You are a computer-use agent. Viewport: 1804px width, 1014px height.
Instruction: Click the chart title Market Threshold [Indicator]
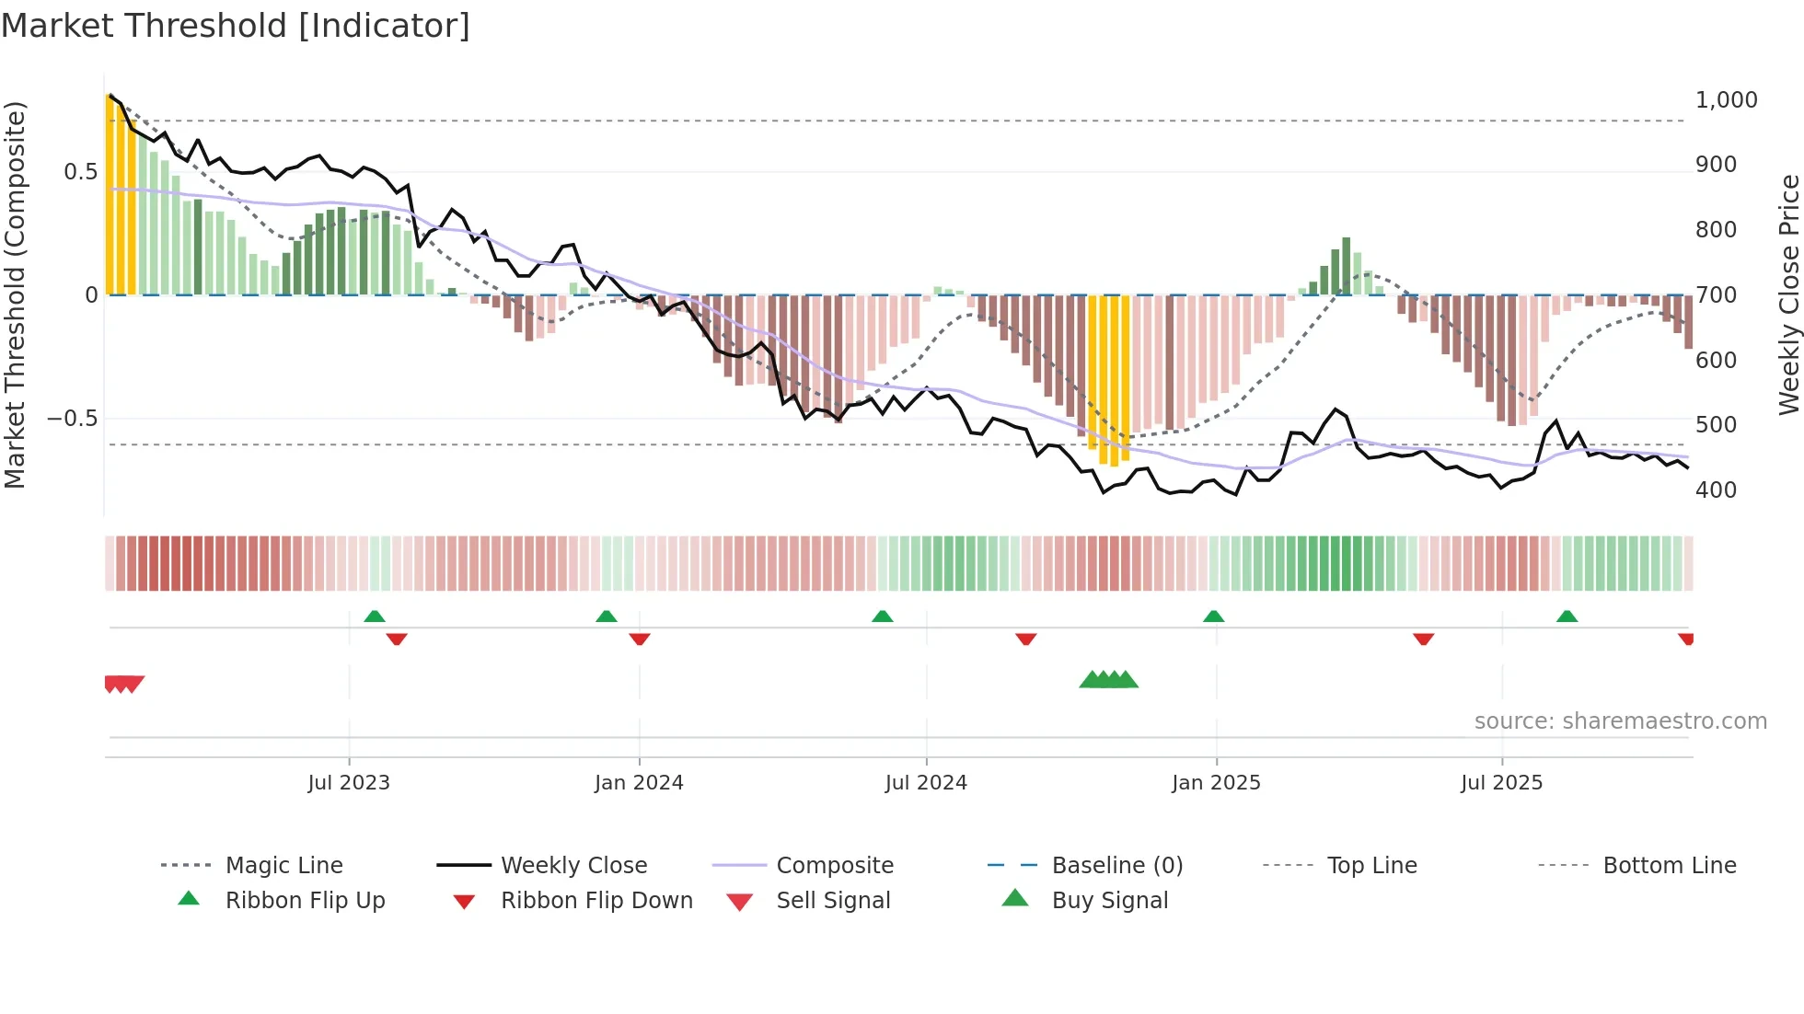click(x=236, y=26)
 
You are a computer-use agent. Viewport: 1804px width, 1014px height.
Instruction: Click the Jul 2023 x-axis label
click(x=349, y=782)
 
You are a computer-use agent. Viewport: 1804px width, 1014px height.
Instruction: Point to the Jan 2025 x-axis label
click(x=1216, y=782)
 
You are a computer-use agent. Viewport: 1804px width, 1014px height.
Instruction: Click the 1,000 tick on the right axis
click(x=1726, y=99)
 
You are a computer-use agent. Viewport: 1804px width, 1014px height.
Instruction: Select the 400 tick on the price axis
click(x=1716, y=490)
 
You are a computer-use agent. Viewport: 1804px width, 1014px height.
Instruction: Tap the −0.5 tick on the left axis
click(x=72, y=419)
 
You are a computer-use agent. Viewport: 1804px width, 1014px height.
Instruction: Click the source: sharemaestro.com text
click(x=1620, y=720)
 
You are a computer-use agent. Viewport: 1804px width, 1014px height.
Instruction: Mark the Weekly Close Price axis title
click(x=1788, y=294)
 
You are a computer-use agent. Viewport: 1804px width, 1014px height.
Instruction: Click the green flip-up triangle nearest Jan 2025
click(x=1213, y=616)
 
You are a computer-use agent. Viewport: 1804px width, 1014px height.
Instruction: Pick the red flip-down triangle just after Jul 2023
click(x=397, y=639)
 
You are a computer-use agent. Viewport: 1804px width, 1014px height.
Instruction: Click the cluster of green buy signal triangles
click(x=1108, y=680)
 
